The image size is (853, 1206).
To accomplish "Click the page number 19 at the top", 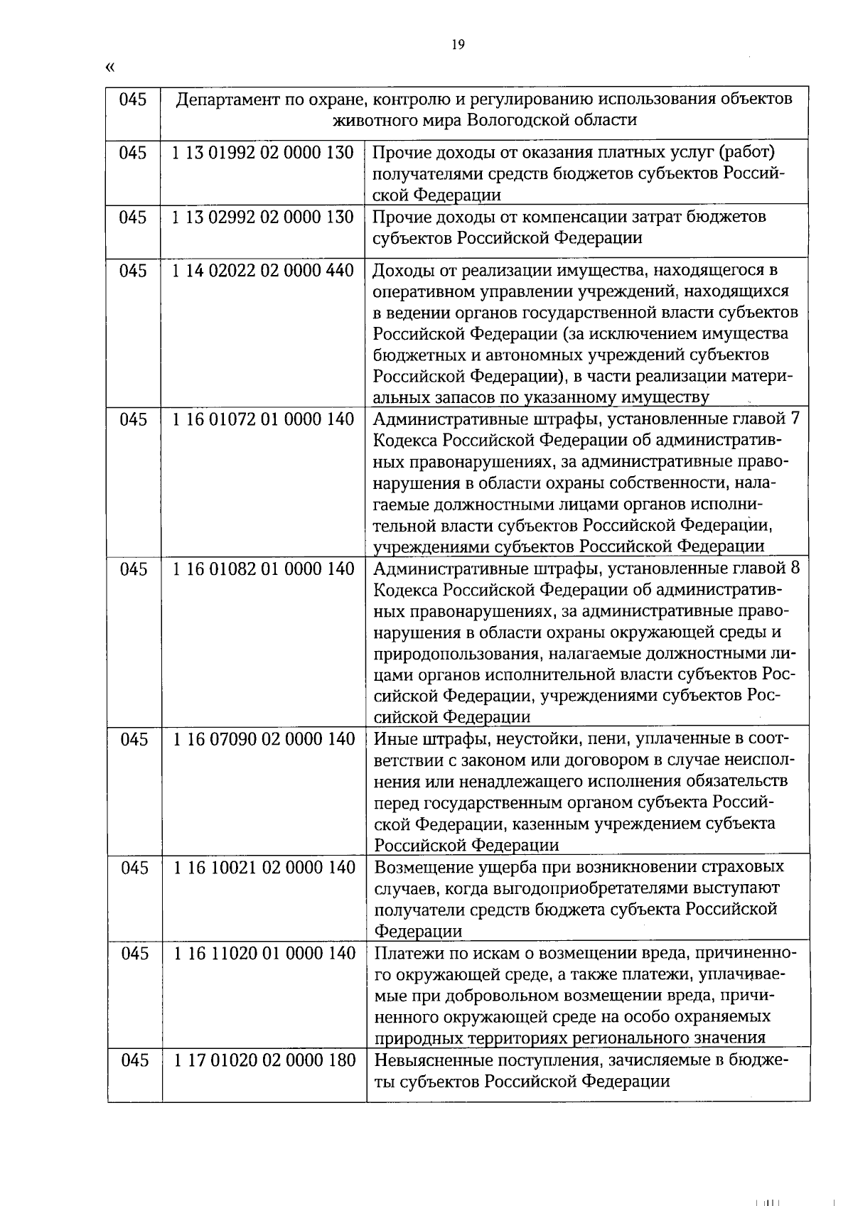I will coord(458,45).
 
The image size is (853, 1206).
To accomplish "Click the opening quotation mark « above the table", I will coord(109,68).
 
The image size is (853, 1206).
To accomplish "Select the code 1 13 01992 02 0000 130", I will coord(262,153).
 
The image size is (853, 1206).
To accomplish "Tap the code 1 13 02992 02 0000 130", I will coord(262,217).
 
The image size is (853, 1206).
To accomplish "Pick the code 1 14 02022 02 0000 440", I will coord(262,271).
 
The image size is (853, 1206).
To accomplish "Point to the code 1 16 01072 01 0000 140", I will coord(263,419).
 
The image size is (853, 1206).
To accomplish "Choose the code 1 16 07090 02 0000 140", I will coord(264,739).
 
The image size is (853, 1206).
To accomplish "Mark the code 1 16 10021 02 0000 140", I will coord(264,867).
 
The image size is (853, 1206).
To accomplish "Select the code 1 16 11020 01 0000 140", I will coord(264,953).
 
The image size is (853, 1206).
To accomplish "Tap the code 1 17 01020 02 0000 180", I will coord(264,1060).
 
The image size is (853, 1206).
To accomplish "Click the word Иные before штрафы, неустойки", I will coord(391,739).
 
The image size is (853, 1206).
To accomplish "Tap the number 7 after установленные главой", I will coord(795,419).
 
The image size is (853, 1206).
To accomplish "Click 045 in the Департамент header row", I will coord(133,99).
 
